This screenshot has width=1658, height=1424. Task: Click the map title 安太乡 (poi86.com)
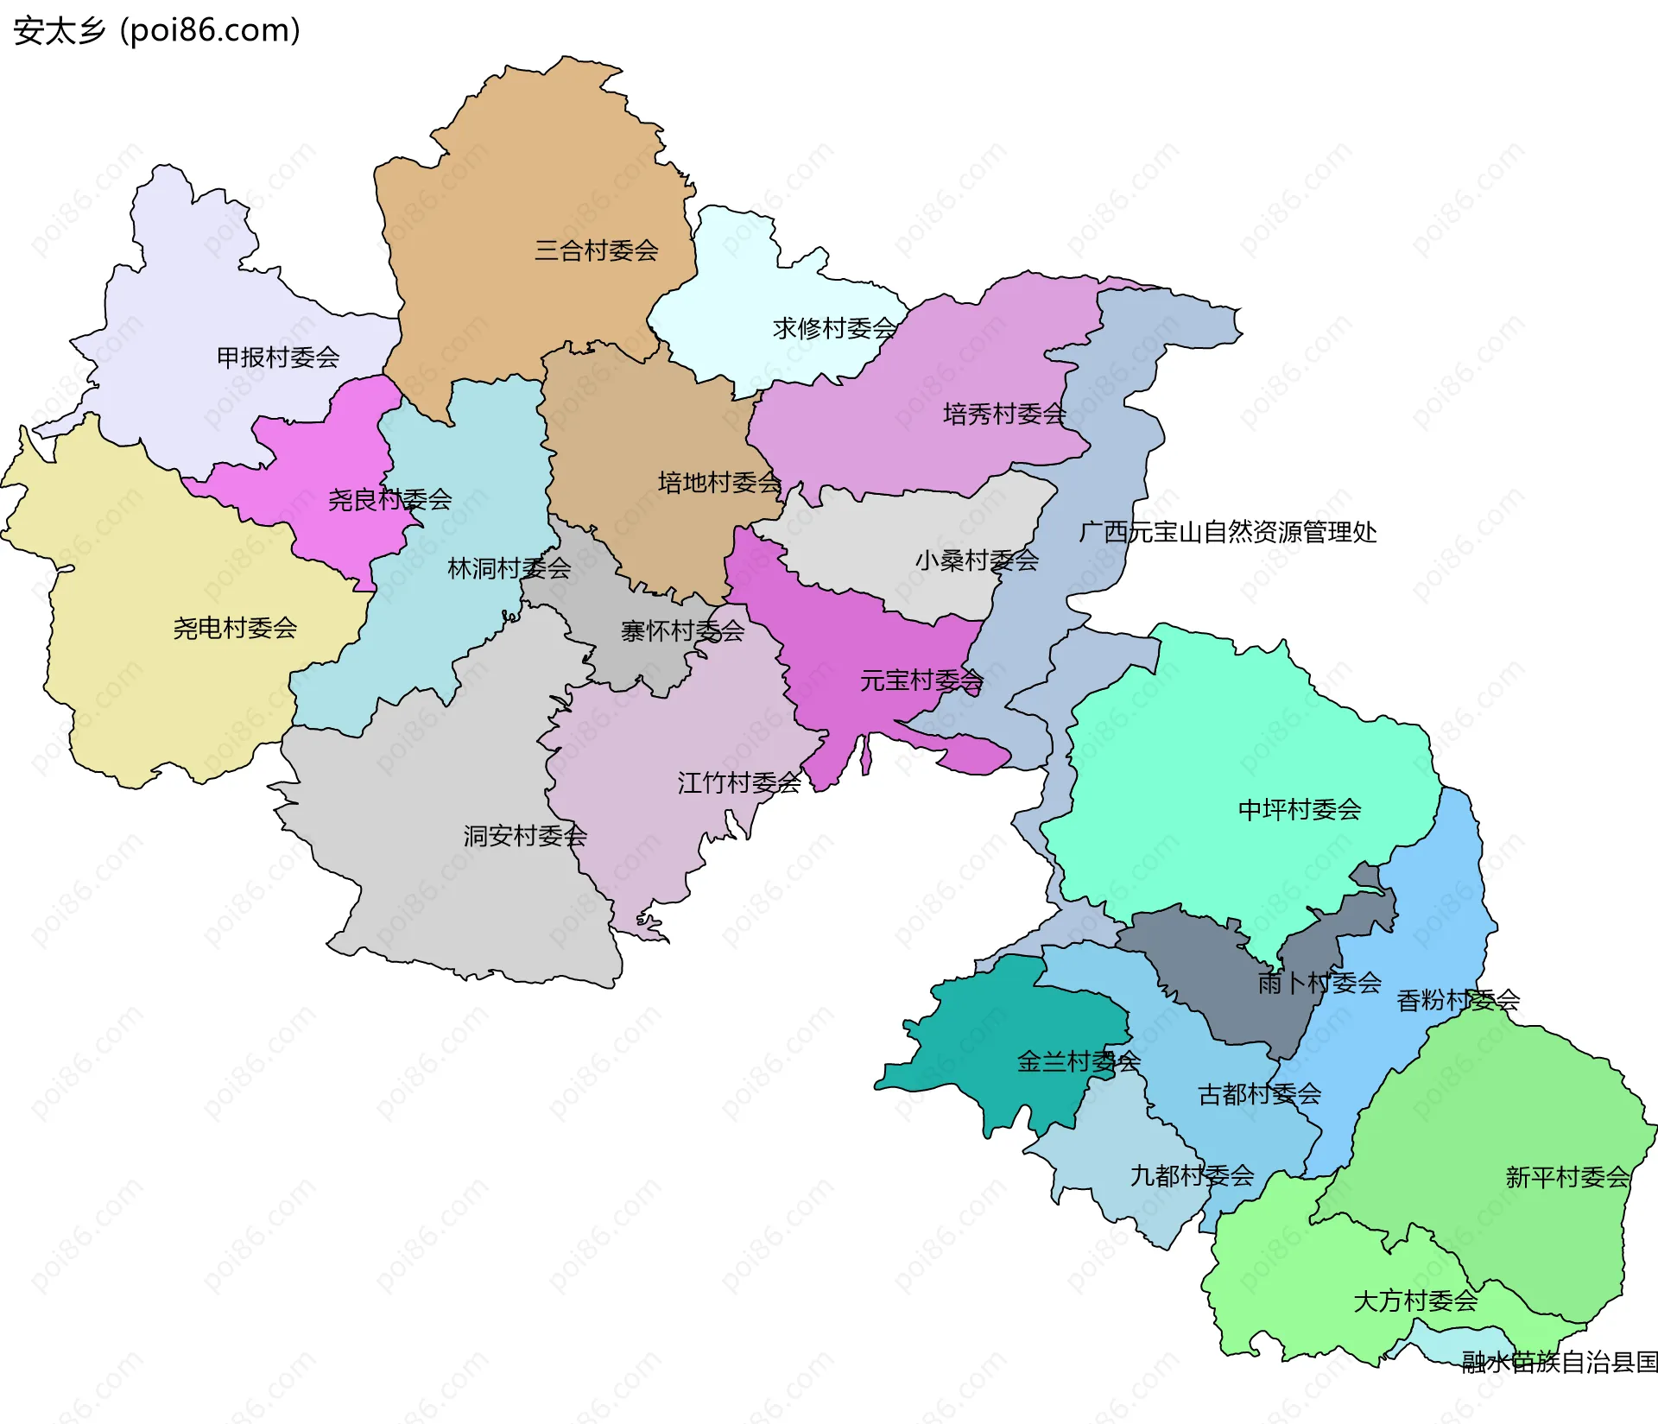pos(156,30)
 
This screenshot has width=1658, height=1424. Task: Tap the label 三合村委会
pos(596,250)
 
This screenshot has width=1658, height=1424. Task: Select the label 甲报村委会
pos(277,357)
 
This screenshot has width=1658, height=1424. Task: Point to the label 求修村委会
pos(834,328)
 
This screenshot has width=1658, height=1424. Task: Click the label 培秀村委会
pos(1004,414)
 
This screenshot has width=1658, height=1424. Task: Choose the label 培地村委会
pos(719,482)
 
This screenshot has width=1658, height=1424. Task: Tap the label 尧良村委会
pos(389,499)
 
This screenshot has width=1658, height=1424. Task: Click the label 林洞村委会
pos(509,568)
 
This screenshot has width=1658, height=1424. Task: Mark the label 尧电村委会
pos(235,628)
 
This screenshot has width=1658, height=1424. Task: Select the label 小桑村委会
pos(977,560)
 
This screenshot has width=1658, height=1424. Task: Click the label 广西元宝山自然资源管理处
pos(1227,532)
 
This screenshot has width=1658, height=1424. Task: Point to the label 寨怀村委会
pos(682,631)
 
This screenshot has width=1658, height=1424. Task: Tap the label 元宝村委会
pos(921,680)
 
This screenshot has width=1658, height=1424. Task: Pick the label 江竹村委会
pos(739,782)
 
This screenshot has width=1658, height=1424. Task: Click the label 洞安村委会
pos(525,835)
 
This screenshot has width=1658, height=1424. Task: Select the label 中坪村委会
pos(1299,809)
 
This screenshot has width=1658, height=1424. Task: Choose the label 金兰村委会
pos(1079,1061)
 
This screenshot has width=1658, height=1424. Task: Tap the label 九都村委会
pos(1192,1175)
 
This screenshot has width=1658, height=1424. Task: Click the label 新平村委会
pos(1567,1177)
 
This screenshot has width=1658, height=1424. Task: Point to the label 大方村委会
pos(1415,1301)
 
